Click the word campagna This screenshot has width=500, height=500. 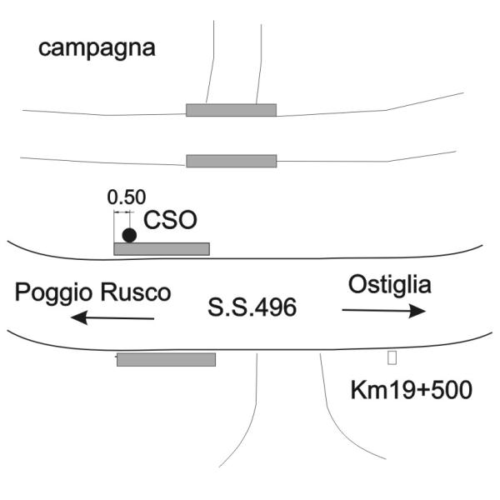point(97,49)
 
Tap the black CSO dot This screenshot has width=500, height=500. point(129,236)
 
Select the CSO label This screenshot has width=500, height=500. point(170,220)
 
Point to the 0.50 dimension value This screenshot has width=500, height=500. point(127,197)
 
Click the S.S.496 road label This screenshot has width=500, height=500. point(252,307)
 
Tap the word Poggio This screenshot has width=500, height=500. point(55,293)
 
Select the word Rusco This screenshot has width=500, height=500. point(136,292)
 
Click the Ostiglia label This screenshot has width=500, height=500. point(390,285)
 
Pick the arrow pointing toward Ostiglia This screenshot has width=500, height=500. point(384,311)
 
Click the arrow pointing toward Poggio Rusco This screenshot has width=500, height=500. point(112,318)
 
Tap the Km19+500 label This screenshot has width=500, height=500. point(412,390)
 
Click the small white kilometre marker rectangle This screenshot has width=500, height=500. point(392,357)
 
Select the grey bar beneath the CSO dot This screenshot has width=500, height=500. point(162,249)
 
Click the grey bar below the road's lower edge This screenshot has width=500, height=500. point(166,360)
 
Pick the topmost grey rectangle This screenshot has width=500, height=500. point(231,110)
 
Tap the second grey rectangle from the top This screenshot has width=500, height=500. point(232,161)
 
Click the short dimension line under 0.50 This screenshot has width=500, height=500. point(122,212)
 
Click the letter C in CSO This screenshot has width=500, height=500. point(152,220)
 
